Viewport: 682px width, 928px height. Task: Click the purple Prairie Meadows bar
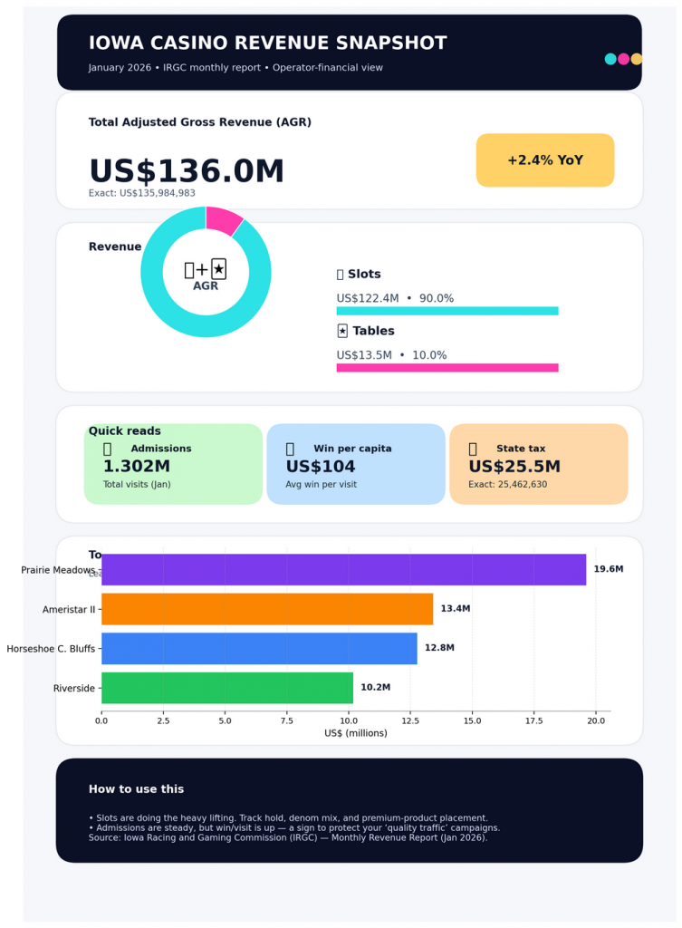(344, 570)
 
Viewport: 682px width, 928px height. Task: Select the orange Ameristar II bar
(267, 609)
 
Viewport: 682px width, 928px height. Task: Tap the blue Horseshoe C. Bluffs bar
(259, 648)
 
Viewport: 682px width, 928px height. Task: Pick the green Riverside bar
(227, 688)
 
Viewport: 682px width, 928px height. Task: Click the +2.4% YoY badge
(545, 160)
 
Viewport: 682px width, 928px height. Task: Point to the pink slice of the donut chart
(223, 220)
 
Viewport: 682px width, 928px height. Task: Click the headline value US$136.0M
(187, 171)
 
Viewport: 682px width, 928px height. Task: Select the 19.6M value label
(609, 569)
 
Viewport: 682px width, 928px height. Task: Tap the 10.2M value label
(375, 688)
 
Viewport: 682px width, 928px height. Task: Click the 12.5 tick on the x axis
(410, 721)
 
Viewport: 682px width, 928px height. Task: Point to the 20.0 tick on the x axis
(596, 721)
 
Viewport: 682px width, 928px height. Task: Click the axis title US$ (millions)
(355, 733)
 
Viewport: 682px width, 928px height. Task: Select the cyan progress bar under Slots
(447, 311)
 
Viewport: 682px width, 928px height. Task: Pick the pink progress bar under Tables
(447, 368)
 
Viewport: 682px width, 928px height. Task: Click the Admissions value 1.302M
(137, 467)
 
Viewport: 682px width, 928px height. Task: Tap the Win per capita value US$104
(321, 467)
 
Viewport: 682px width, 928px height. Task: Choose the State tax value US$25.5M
(514, 467)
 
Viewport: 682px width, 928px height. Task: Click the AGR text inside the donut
(206, 285)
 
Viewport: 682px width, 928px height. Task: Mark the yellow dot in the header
(637, 59)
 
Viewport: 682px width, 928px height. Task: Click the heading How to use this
(136, 789)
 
